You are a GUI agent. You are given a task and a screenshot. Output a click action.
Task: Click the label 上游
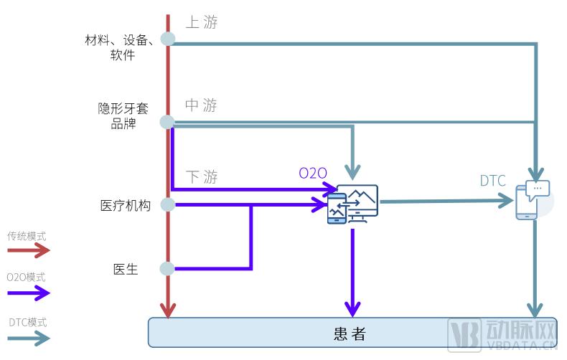click(x=201, y=22)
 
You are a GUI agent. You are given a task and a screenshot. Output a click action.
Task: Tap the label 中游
click(x=201, y=106)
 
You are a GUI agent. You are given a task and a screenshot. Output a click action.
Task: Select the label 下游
click(x=201, y=177)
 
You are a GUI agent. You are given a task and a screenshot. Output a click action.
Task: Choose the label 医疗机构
click(x=125, y=205)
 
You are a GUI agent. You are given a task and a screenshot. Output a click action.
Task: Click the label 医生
click(x=125, y=270)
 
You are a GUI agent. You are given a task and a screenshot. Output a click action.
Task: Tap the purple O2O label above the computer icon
click(x=313, y=173)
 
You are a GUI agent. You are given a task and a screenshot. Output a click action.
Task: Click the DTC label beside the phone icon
click(x=493, y=181)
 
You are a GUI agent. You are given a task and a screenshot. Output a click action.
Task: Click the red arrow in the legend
click(x=29, y=250)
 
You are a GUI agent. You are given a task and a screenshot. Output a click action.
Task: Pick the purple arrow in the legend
click(x=29, y=293)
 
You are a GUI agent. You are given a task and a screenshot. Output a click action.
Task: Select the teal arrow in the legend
click(x=29, y=337)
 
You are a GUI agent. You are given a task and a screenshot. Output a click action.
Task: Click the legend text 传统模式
click(x=27, y=235)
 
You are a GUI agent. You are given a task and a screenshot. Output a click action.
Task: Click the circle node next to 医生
click(x=167, y=269)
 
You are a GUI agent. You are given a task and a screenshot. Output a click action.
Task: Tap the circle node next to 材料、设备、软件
click(x=167, y=39)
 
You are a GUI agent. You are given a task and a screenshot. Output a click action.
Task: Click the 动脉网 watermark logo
click(x=502, y=333)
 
